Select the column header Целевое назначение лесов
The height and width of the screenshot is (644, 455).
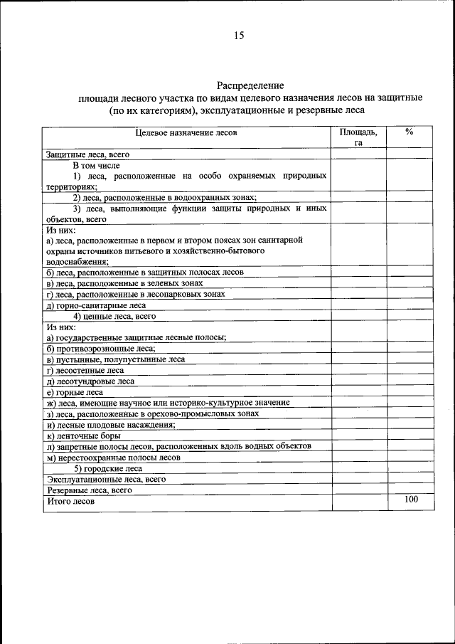(186, 132)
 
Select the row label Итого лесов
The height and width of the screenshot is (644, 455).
(71, 502)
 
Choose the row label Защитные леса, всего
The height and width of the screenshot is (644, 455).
(87, 154)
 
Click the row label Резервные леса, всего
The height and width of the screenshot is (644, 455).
(90, 490)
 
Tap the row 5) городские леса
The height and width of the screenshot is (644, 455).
(108, 468)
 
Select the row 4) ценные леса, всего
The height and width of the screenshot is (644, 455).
(114, 316)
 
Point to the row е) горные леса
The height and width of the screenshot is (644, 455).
(75, 392)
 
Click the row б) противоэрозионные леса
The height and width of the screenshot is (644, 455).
(90, 349)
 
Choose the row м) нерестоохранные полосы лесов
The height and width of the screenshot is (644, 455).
(113, 458)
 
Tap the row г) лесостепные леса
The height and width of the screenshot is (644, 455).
(85, 370)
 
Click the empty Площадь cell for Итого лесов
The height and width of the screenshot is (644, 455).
(358, 502)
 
